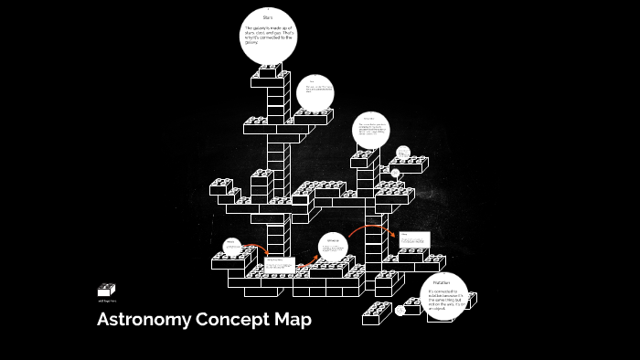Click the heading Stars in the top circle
tap(268, 17)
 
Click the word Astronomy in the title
tap(144, 321)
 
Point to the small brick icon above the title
tap(107, 290)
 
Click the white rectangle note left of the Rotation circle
tap(413, 239)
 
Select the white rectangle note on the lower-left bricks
tap(279, 264)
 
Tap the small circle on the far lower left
tap(233, 247)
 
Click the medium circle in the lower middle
tap(334, 246)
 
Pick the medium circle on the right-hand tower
tap(371, 130)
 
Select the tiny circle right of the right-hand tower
tap(402, 153)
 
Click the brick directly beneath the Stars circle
tap(270, 70)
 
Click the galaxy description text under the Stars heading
tap(268, 36)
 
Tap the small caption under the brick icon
tap(107, 301)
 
